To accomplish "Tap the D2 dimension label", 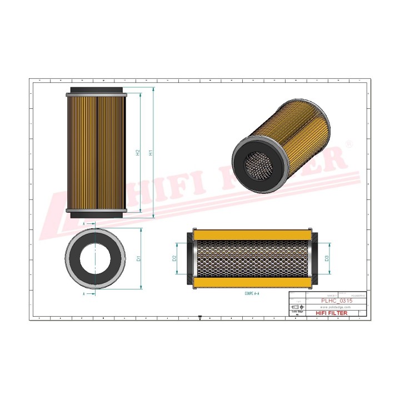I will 174,258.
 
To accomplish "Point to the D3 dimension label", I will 327,258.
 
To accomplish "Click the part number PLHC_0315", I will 337,300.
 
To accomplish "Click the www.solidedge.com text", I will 333,307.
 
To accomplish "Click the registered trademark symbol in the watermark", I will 348,143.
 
